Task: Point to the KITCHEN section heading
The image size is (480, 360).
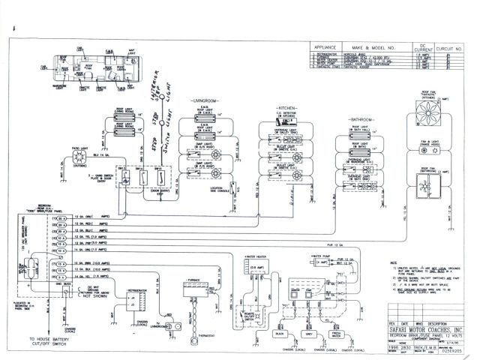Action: (289, 107)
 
